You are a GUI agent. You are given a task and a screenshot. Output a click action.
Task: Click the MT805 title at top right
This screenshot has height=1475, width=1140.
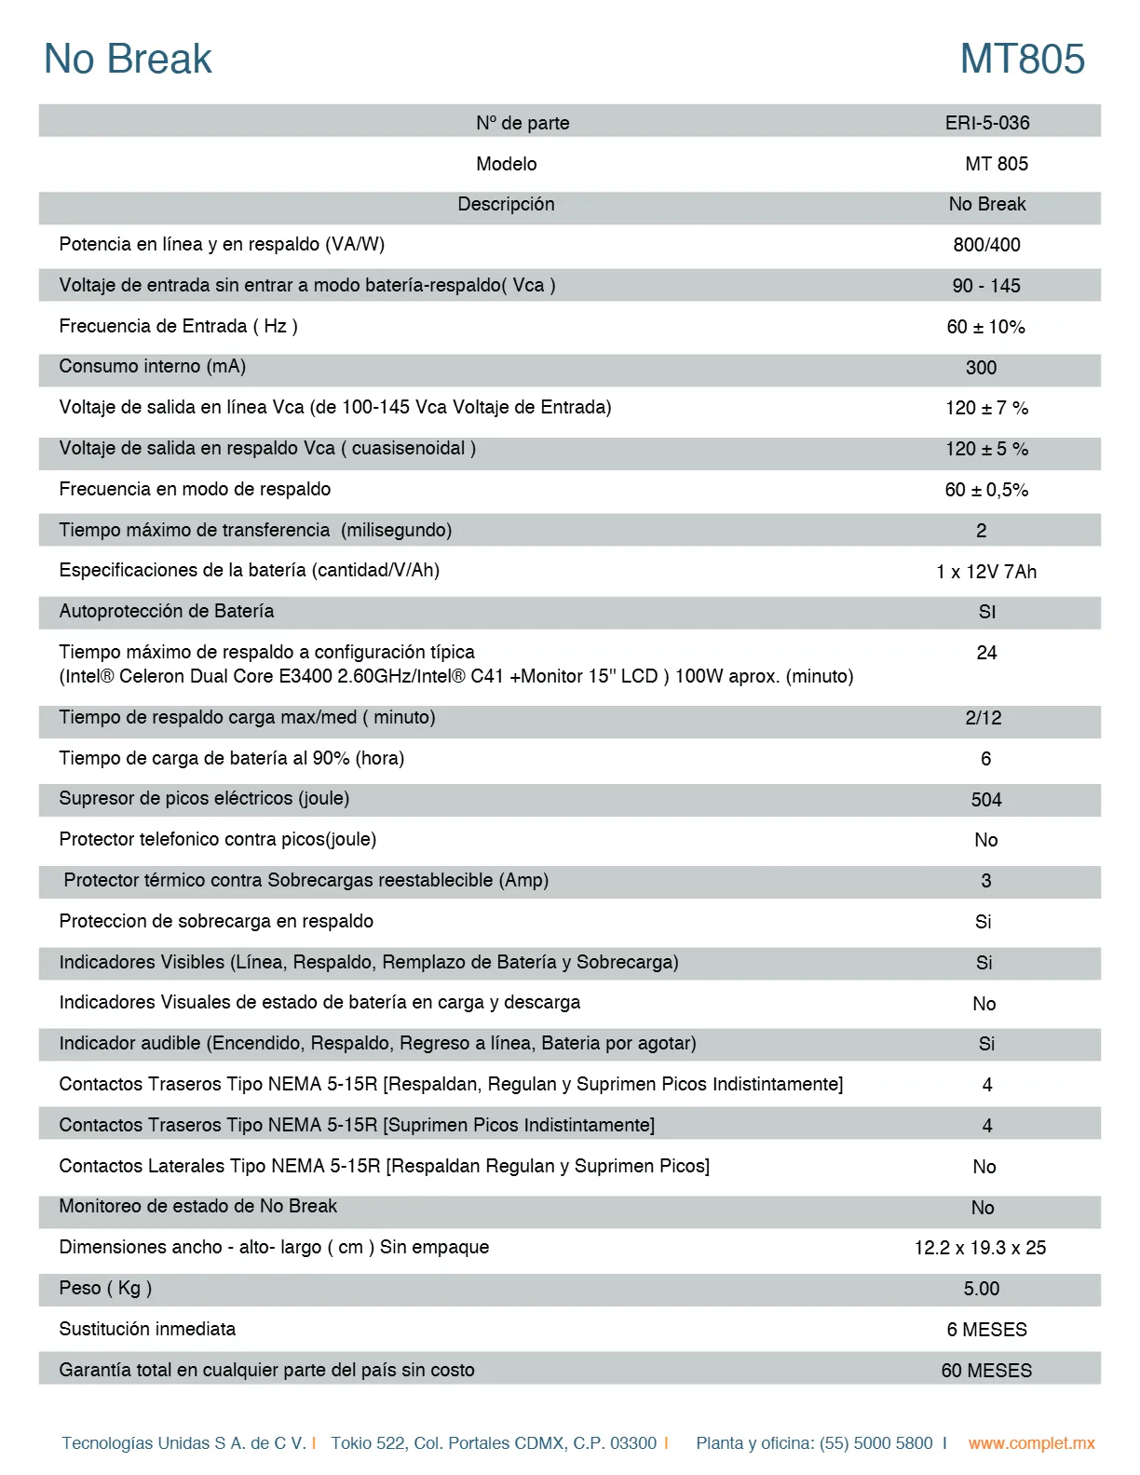click(x=1022, y=59)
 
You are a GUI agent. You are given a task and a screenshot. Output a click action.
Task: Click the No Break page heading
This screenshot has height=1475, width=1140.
click(x=128, y=59)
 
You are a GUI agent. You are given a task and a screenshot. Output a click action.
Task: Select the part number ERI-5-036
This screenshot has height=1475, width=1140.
click(x=986, y=123)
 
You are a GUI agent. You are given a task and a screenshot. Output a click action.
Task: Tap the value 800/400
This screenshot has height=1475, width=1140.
click(x=986, y=245)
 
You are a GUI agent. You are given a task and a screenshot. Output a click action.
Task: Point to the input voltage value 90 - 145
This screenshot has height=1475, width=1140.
click(x=985, y=286)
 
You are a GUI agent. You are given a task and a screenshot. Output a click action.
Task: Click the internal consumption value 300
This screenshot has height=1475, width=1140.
click(x=981, y=368)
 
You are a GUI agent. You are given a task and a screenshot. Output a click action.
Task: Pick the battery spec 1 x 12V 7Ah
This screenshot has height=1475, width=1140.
click(x=985, y=572)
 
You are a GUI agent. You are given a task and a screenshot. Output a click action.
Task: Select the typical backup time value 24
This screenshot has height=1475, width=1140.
click(x=986, y=653)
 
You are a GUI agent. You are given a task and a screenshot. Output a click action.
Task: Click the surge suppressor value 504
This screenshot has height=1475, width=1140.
click(x=985, y=800)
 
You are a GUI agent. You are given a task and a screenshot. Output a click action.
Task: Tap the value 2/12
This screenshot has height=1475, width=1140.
click(x=983, y=718)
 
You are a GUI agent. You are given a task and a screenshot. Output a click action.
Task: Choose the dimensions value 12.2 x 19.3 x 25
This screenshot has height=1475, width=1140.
click(x=980, y=1248)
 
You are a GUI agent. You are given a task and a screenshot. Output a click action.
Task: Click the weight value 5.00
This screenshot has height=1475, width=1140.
click(x=981, y=1289)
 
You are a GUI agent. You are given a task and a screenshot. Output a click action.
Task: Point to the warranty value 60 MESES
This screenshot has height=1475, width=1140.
click(x=986, y=1371)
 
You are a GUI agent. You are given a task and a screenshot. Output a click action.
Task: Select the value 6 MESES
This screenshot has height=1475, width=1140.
click(x=986, y=1330)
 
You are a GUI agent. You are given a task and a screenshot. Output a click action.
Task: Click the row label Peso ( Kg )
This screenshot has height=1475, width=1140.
click(x=105, y=1288)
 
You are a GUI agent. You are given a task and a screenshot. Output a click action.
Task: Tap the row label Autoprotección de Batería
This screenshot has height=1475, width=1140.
click(x=166, y=611)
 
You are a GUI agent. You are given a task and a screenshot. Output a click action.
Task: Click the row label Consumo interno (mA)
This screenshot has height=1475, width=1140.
click(x=152, y=366)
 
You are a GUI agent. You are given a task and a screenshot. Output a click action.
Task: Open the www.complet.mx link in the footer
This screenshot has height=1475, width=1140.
click(x=1031, y=1443)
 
